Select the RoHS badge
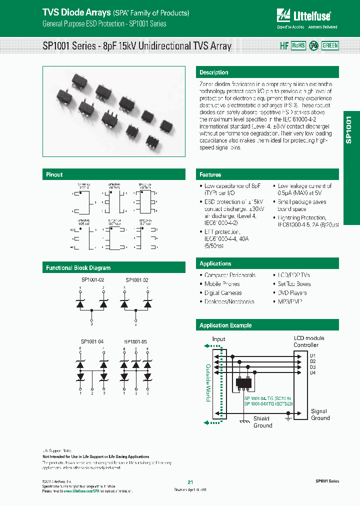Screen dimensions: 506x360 click(x=298, y=45)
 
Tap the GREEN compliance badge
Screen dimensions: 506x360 click(x=330, y=45)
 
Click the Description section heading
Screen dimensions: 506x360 click(x=213, y=72)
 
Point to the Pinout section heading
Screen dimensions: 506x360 click(x=54, y=174)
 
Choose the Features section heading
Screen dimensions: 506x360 click(x=210, y=174)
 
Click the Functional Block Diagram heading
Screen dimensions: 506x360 click(x=78, y=268)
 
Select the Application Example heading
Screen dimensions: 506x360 click(x=225, y=325)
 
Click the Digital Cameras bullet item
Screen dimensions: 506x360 click(x=223, y=293)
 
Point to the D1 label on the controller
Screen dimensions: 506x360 click(x=312, y=355)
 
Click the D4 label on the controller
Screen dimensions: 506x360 click(x=312, y=372)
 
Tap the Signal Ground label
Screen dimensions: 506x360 click(x=320, y=414)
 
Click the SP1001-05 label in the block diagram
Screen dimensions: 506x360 click(x=135, y=342)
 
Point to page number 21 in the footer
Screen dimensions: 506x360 click(x=190, y=482)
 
